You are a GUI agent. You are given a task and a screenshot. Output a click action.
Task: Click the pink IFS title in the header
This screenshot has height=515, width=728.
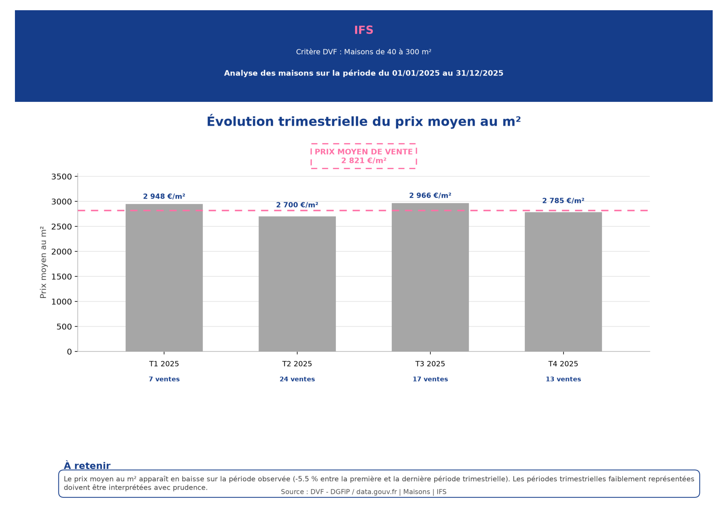(363, 30)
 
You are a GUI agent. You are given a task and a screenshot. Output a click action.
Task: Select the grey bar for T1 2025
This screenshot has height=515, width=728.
(164, 278)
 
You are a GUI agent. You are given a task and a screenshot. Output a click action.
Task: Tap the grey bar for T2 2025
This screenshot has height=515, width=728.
(297, 284)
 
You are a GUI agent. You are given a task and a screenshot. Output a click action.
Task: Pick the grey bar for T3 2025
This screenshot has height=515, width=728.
(430, 277)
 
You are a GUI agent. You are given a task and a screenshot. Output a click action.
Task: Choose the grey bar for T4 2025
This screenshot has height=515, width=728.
(563, 281)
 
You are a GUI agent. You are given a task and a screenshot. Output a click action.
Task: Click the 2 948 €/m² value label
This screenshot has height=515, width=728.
(164, 197)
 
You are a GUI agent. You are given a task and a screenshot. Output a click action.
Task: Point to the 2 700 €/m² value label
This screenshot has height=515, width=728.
(297, 205)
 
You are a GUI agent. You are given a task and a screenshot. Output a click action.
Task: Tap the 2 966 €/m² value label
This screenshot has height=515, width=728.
(430, 195)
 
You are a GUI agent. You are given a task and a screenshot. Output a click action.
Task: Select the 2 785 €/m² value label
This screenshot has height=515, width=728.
(563, 201)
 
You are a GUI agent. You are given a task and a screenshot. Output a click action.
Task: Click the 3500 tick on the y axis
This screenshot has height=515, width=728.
(62, 177)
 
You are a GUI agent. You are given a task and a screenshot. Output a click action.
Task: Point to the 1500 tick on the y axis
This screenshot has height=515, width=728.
(62, 277)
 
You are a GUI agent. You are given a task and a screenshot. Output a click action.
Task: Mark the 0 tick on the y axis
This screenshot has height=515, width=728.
(70, 352)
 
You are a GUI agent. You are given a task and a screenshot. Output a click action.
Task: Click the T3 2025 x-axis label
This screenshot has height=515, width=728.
(430, 364)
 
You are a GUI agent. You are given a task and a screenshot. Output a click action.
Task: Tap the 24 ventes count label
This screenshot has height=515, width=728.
(297, 379)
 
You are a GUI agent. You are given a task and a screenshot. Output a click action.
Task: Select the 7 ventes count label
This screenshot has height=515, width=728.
(164, 379)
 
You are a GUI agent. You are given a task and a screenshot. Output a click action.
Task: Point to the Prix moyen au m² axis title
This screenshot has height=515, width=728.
(43, 262)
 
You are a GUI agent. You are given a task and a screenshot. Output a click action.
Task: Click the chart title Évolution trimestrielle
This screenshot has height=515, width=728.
(363, 121)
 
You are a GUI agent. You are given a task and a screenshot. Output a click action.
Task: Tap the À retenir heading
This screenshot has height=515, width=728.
(87, 466)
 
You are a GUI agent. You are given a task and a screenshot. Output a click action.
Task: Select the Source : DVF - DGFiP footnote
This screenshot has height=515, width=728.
(363, 492)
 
